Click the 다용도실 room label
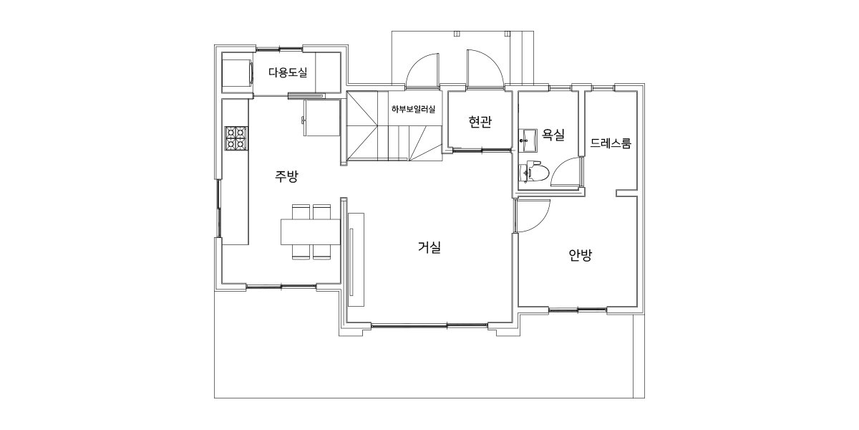coord(288,72)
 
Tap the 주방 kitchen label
coord(286,176)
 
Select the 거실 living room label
coord(429,247)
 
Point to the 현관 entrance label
coord(480,122)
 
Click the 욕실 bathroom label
coord(553,135)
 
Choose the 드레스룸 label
coord(611,143)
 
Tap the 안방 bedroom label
coord(581,255)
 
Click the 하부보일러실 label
coord(414,109)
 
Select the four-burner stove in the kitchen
coord(236,138)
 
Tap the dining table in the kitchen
coord(310,231)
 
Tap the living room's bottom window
coord(429,326)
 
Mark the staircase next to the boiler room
coord(394,125)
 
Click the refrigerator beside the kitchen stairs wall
coord(321,118)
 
